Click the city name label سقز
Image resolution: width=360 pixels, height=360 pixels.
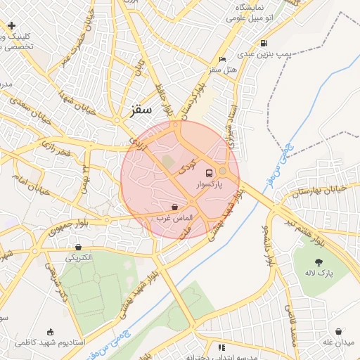click(141, 110)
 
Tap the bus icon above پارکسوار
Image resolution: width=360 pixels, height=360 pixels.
click(209, 172)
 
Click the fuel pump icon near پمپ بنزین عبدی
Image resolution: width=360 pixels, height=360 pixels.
click(264, 42)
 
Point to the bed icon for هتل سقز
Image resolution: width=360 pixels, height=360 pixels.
click(223, 59)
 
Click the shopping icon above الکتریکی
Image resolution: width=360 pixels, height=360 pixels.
click(77, 247)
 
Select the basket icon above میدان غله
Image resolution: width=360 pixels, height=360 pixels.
click(338, 331)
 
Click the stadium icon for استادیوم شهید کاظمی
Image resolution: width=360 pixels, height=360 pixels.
click(50, 332)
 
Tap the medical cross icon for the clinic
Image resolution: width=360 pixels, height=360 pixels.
click(12, 25)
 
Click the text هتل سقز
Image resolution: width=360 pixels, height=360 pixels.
click(224, 70)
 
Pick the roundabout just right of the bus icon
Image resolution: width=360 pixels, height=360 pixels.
click(223, 171)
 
